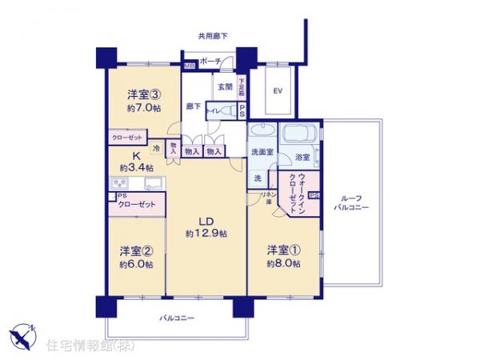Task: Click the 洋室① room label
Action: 283,249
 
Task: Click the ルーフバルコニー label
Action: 350,202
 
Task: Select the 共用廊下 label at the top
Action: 213,36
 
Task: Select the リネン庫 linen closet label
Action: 268,198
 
